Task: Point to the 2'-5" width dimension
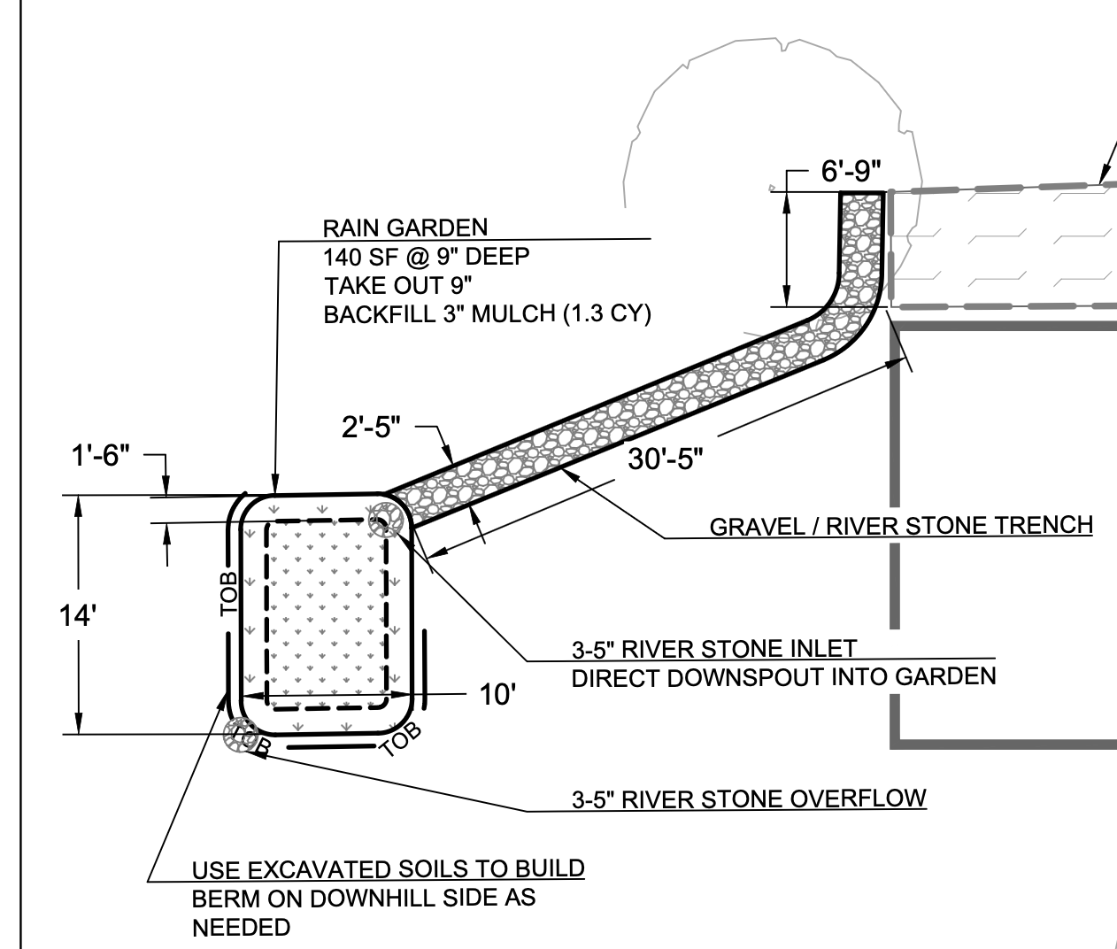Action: coord(372,427)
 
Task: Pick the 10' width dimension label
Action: coord(497,695)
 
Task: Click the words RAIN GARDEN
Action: coord(405,228)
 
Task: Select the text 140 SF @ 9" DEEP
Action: coord(427,257)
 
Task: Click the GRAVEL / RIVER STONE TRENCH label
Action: coord(901,525)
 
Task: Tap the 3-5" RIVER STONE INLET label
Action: coord(715,648)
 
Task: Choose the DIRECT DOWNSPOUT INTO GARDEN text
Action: coord(783,677)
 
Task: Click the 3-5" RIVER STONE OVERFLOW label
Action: coord(749,799)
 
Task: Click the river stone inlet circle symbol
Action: coord(386,518)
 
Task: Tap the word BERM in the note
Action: coord(220,898)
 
